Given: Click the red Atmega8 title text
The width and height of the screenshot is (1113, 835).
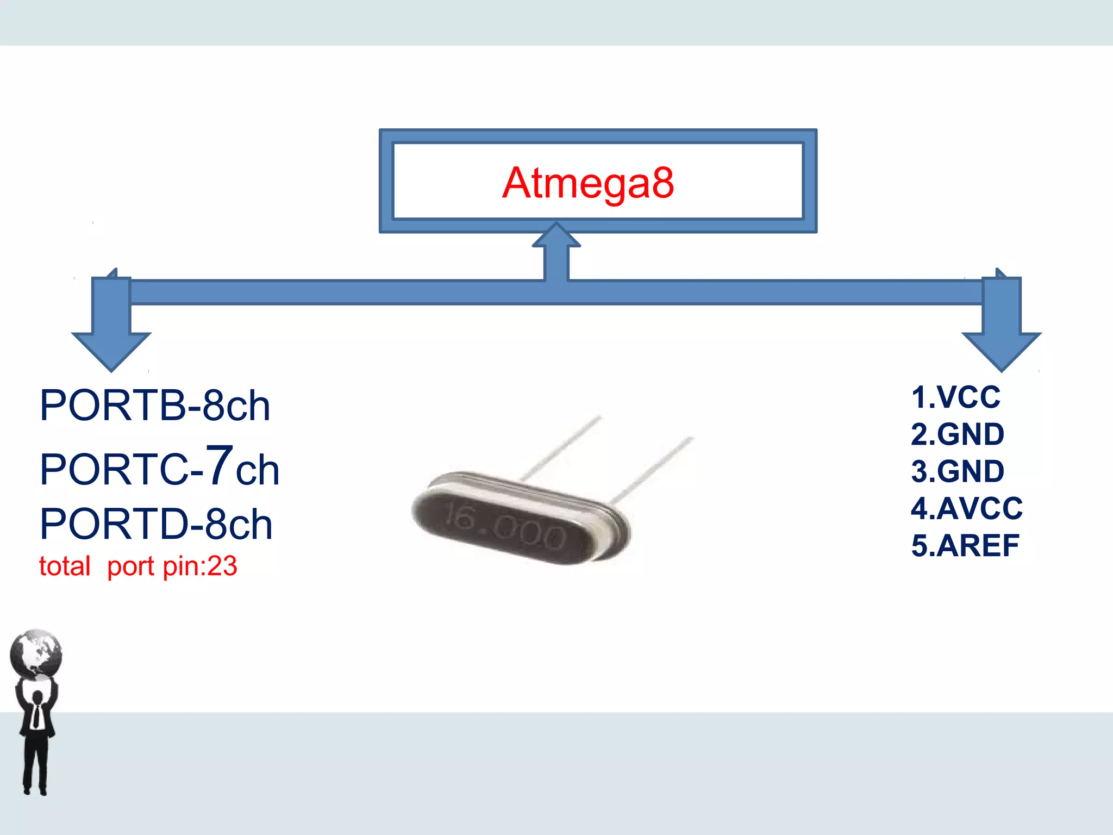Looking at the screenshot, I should (588, 183).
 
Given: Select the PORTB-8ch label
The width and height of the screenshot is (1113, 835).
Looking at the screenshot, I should (155, 406).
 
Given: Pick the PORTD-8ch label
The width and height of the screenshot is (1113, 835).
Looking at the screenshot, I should (156, 524).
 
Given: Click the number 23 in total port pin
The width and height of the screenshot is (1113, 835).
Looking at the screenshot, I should (222, 566).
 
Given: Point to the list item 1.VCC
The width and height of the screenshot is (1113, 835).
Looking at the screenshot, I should (955, 397).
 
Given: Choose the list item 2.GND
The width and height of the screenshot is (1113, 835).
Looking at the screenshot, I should (957, 434).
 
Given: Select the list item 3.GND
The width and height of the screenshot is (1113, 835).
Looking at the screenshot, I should (957, 471).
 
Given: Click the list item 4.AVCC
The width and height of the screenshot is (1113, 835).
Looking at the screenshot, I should (966, 508).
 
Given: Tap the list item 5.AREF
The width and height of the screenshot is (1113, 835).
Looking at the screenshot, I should (965, 545).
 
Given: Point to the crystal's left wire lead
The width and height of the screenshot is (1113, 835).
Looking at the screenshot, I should (560, 448).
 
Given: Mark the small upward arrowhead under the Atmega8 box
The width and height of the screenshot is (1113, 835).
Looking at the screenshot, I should (556, 235).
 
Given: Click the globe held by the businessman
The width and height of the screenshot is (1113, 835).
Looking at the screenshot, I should (36, 654).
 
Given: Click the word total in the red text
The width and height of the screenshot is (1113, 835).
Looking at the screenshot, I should (64, 566).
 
